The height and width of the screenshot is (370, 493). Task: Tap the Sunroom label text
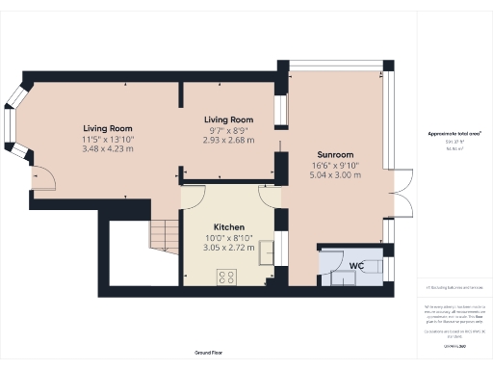coord(336,154)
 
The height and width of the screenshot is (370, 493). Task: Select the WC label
coord(355,264)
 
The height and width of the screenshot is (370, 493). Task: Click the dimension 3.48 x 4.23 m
coord(108,148)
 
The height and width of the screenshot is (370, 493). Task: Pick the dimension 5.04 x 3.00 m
coord(336,175)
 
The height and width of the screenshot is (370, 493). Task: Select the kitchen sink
coord(268,252)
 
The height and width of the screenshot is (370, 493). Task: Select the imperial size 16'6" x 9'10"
coord(336,165)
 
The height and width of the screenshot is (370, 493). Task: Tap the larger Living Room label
coord(108,127)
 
